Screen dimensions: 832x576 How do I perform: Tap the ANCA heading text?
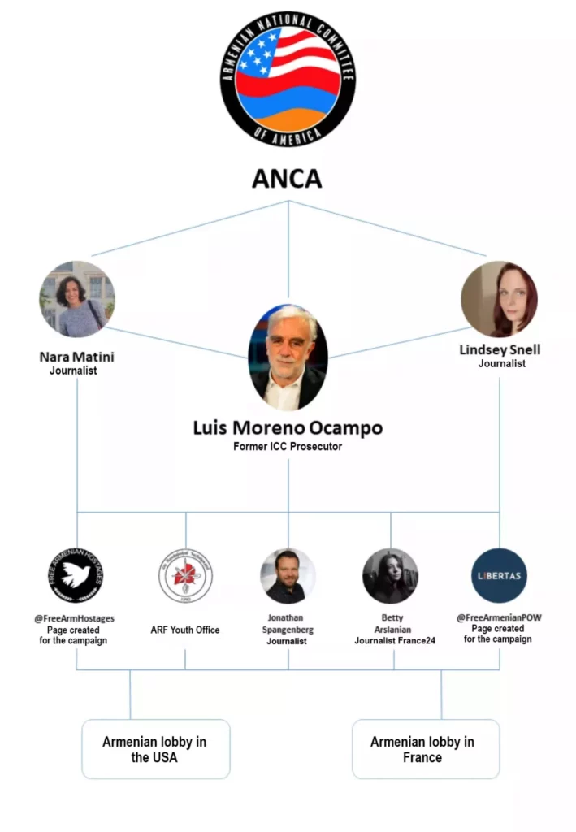287,179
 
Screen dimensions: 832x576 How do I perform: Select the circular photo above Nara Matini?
77,299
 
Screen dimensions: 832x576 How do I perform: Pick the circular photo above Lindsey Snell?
499,299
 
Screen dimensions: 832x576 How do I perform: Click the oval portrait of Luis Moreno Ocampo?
288,357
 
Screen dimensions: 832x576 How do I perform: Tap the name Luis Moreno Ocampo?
288,427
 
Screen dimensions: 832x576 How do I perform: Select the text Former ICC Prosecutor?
288,447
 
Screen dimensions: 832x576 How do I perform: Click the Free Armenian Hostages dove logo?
76,575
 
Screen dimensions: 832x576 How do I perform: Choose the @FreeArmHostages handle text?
74,618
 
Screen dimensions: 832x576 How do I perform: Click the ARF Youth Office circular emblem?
185,575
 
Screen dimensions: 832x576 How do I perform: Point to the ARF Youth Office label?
185,630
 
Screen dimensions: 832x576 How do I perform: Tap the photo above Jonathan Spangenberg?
288,575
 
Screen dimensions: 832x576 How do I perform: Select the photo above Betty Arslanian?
391,575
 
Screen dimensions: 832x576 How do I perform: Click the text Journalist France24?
395,641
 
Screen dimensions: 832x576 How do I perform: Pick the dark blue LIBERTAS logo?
499,575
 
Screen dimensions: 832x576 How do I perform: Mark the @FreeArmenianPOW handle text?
498,617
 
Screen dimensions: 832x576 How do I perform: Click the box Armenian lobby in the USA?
154,749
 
